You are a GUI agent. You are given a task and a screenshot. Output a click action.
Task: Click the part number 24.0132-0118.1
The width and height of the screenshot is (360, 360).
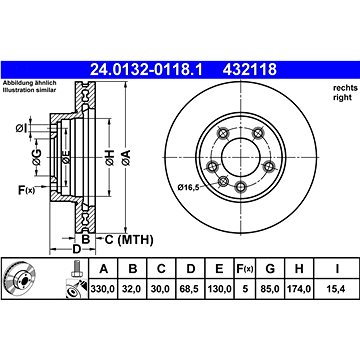[x=146, y=70]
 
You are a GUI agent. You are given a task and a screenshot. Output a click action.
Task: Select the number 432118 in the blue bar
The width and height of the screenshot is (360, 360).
[x=250, y=70]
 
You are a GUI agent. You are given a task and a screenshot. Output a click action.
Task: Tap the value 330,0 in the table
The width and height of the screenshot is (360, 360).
[x=103, y=289]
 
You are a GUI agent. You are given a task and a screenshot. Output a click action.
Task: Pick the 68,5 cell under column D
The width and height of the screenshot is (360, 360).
[x=190, y=289]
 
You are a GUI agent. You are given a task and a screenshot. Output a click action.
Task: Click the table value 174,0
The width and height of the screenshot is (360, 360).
[x=299, y=289]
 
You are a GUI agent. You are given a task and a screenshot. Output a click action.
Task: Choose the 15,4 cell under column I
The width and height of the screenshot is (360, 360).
[x=337, y=289]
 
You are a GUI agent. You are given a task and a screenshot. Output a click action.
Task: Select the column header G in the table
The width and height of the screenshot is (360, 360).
[x=270, y=269]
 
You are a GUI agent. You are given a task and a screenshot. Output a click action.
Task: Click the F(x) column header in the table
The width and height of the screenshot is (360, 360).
[x=245, y=269]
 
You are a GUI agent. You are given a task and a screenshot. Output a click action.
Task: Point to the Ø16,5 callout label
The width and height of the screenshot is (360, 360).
[x=188, y=187]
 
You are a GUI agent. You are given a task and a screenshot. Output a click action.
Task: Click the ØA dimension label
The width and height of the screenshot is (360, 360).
[x=126, y=158]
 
